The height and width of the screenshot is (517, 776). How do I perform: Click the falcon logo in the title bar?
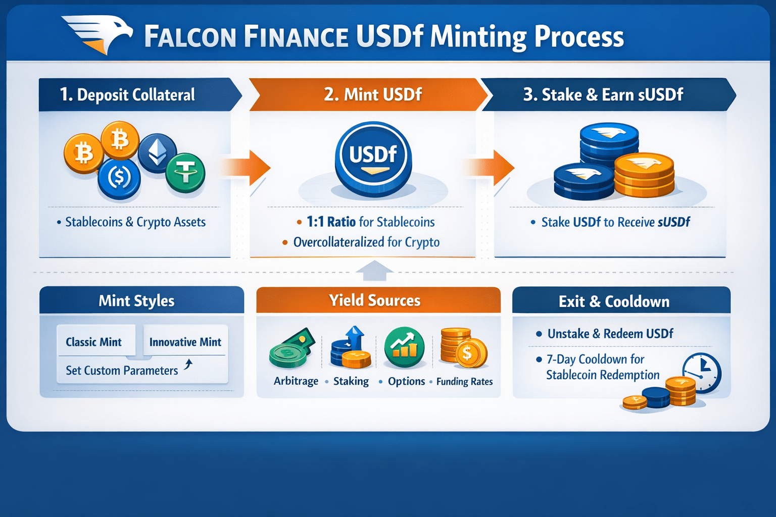[99, 33]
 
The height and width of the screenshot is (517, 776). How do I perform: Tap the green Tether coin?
[185, 173]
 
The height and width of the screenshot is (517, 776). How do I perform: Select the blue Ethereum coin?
[157, 152]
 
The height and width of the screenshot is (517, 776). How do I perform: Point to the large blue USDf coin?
[373, 158]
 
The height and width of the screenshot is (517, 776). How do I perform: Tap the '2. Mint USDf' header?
[372, 94]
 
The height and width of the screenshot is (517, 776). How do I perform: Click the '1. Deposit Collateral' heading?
[127, 95]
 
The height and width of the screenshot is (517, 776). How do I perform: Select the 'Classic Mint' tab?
[94, 342]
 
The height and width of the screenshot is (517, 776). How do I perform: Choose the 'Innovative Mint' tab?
[185, 342]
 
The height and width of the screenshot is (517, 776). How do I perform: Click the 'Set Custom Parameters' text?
[122, 371]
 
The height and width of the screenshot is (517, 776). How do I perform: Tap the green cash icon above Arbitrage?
[292, 348]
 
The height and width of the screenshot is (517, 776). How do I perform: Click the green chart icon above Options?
[404, 347]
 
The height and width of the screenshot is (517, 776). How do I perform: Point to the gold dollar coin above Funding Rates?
[472, 353]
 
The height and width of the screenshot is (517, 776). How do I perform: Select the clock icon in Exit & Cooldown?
[701, 373]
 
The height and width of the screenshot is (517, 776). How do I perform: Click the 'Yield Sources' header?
[375, 300]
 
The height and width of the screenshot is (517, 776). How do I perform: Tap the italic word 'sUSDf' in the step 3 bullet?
[673, 222]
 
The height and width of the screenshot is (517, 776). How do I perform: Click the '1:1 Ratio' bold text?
[331, 222]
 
